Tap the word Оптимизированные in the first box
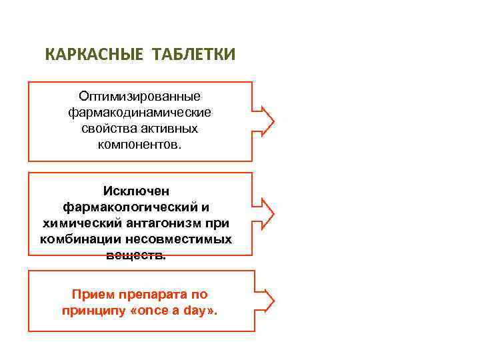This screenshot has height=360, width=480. [x=139, y=97]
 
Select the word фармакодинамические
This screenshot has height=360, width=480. [x=139, y=113]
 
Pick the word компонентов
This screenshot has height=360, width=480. [x=139, y=143]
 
